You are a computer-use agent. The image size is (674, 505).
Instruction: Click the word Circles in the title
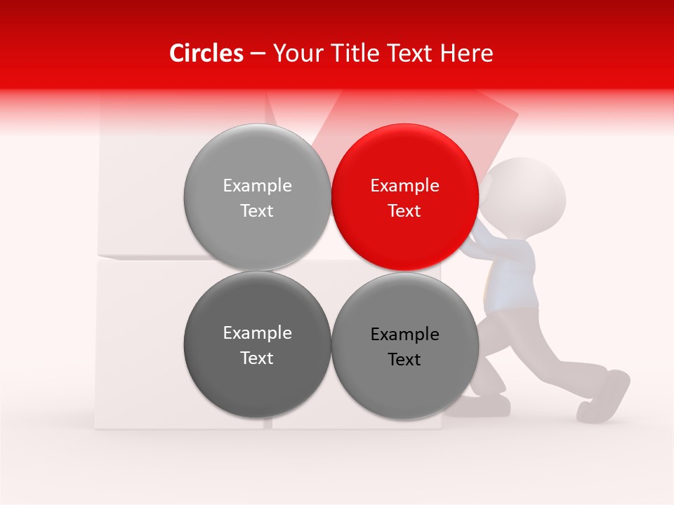pyautogui.click(x=206, y=53)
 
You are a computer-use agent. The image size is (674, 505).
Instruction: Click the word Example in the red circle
pyautogui.click(x=404, y=186)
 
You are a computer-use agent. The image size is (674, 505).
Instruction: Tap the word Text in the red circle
pyautogui.click(x=404, y=211)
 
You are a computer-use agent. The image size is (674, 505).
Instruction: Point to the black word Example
pyautogui.click(x=404, y=335)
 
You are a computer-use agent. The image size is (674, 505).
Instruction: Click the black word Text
pyautogui.click(x=404, y=360)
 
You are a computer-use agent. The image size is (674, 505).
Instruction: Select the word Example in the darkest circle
pyautogui.click(x=257, y=333)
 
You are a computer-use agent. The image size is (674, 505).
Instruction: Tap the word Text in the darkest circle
pyautogui.click(x=257, y=358)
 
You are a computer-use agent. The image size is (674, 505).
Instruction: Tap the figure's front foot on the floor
pyautogui.click(x=484, y=405)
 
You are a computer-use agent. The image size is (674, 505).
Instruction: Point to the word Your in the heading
pyautogui.click(x=293, y=53)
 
